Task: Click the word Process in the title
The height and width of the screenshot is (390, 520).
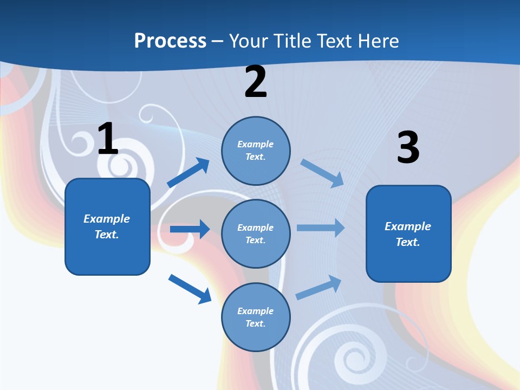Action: (170, 41)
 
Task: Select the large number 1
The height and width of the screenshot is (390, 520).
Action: (108, 139)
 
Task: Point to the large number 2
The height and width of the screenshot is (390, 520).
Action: (256, 82)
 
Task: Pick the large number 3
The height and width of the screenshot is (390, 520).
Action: (408, 148)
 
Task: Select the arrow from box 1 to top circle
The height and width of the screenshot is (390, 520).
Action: (188, 173)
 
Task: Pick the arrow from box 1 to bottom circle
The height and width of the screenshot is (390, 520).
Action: (190, 289)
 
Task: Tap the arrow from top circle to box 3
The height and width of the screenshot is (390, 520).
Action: (322, 173)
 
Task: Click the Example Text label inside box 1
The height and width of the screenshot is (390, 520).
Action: (107, 226)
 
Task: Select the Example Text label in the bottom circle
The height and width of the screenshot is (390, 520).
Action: (255, 317)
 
